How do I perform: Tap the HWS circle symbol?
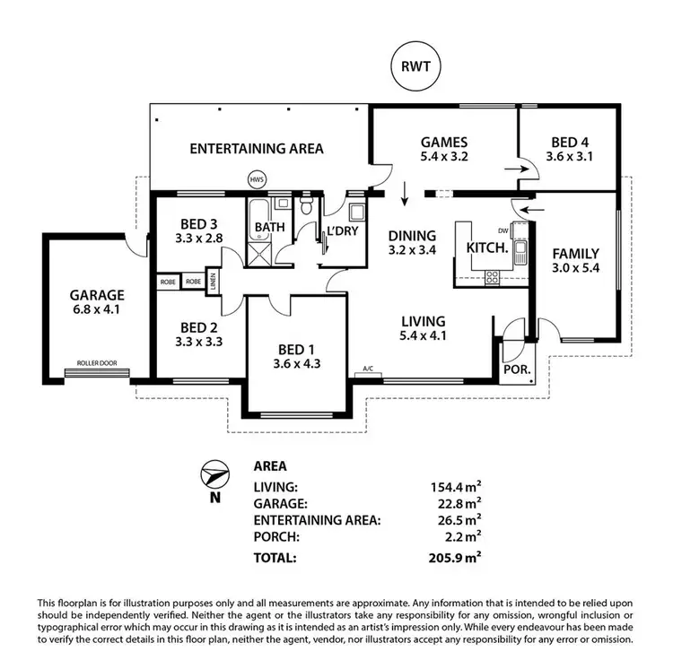tap(258, 179)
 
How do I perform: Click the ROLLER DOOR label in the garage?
tap(97, 363)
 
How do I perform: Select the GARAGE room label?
tap(97, 295)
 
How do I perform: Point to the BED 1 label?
tap(296, 350)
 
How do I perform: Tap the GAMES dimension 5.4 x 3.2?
tap(445, 156)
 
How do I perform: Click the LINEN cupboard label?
tap(214, 281)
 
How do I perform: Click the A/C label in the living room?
tap(367, 369)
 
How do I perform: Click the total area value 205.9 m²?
tap(456, 557)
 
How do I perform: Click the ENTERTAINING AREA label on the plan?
tap(257, 149)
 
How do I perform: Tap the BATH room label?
tap(269, 228)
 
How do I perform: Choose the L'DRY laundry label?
tap(344, 231)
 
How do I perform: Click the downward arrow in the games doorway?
tap(405, 192)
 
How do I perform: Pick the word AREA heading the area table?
tap(270, 466)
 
